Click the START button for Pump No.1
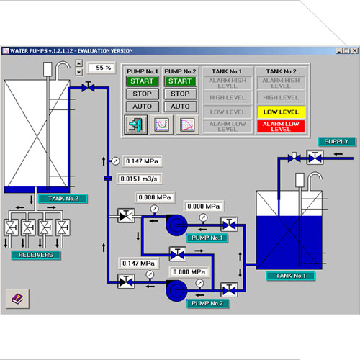coord(142,81)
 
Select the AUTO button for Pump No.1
coord(142,107)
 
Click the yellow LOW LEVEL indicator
coord(281,112)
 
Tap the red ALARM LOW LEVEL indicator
coord(281,126)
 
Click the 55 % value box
coord(102,68)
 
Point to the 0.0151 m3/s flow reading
coord(139,179)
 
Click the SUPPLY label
coord(337,142)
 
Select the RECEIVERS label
coord(36,255)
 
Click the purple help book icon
coord(17,299)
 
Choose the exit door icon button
coord(136,125)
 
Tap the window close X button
coord(354,50)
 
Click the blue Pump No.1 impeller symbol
coord(176,225)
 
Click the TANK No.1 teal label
coord(291,276)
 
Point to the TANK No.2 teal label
coord(63,199)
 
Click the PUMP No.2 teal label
coord(207,303)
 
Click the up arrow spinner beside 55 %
coord(79,63)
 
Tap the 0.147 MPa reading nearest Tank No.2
coord(143,161)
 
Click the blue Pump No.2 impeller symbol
coord(176,290)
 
